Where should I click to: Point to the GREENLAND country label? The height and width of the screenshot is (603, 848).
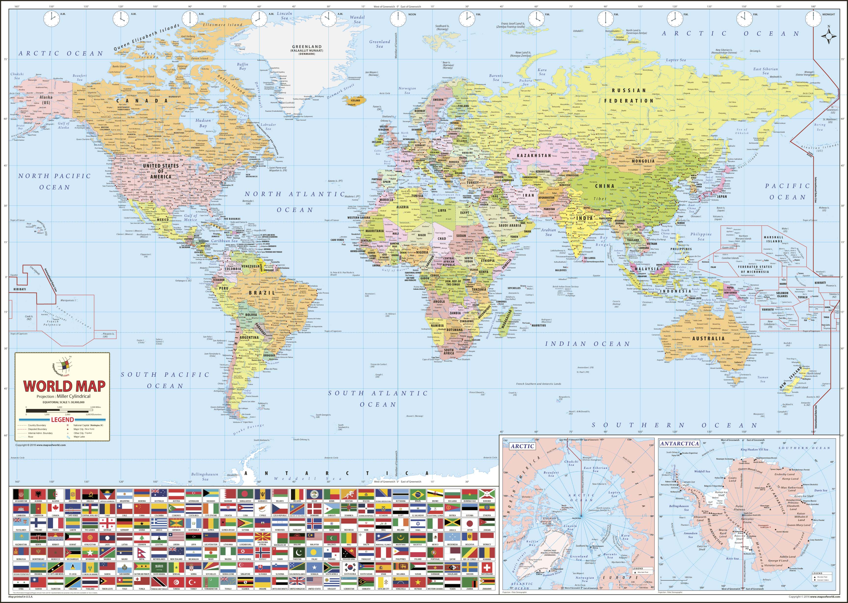coord(307,47)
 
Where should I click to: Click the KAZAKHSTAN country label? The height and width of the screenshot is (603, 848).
coord(534,155)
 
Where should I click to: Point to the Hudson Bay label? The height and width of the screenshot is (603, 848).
coord(203,123)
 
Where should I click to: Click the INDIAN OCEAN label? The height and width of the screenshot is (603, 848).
coord(587,344)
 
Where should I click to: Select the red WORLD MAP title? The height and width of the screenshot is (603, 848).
coord(64,386)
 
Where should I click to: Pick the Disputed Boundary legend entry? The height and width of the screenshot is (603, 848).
coord(37,429)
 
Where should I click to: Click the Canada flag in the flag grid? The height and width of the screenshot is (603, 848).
coord(55,509)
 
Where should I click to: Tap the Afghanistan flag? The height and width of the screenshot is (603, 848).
coord(21,495)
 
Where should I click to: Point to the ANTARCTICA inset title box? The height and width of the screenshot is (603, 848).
coord(680,443)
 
